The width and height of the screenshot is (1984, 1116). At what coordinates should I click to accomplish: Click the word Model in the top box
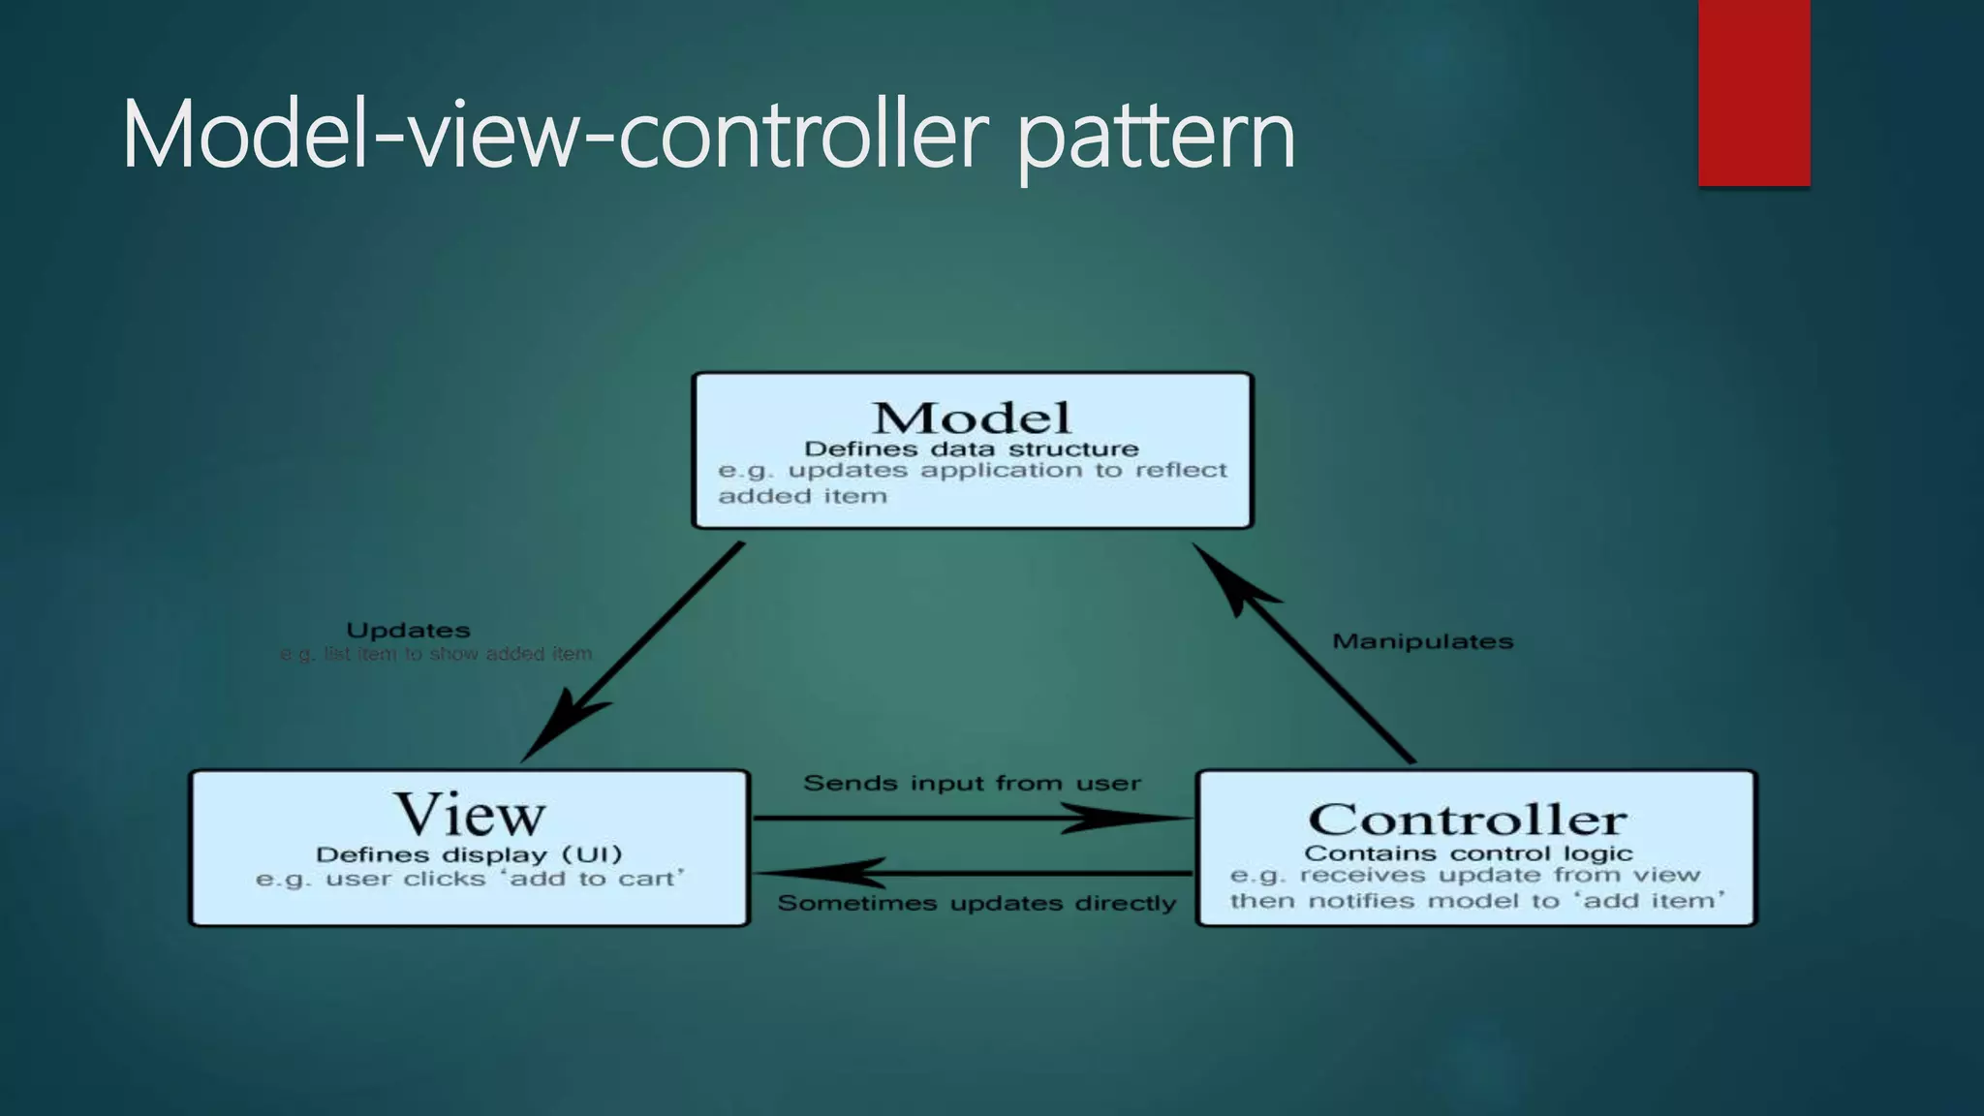click(972, 418)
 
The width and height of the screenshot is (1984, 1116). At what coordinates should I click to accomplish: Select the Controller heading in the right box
click(1467, 820)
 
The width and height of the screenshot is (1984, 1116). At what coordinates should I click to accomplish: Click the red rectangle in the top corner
click(1753, 93)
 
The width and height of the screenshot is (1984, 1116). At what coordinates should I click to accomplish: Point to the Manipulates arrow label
click(1422, 641)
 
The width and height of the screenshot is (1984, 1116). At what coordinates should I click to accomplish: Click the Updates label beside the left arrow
click(408, 631)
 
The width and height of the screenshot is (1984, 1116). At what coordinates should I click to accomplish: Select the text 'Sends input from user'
click(972, 783)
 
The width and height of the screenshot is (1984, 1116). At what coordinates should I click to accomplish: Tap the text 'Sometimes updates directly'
click(976, 903)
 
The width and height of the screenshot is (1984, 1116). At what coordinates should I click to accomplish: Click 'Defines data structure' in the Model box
click(972, 449)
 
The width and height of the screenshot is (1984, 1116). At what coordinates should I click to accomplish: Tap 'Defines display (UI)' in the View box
click(469, 854)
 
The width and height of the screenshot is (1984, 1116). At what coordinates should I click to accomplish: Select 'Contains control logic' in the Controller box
click(1468, 853)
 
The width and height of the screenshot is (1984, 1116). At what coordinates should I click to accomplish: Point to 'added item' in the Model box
click(802, 496)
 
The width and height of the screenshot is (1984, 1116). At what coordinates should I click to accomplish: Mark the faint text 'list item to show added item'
click(457, 654)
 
